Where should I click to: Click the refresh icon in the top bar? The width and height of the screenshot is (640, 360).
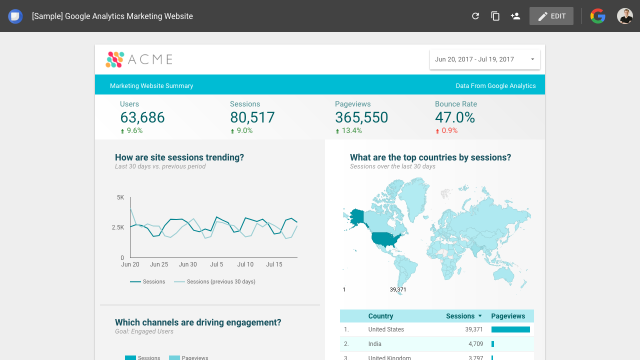tap(475, 16)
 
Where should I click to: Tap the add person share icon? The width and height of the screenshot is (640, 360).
tap(515, 16)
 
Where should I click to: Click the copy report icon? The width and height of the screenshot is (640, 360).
tap(495, 16)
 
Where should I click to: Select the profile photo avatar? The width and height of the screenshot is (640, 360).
tap(625, 16)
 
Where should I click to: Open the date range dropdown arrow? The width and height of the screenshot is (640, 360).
tap(532, 59)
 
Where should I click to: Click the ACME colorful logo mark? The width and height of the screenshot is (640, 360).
tap(115, 59)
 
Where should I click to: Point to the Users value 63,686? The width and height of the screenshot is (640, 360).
tap(142, 117)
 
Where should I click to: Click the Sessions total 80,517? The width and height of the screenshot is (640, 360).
tap(252, 117)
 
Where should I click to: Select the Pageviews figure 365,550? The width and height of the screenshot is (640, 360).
tap(361, 117)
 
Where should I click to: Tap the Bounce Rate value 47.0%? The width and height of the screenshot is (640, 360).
tap(455, 117)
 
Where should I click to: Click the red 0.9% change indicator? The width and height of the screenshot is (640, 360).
tap(446, 130)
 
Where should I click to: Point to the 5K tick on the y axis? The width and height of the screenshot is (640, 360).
tap(120, 197)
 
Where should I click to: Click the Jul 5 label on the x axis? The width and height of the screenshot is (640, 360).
tap(216, 264)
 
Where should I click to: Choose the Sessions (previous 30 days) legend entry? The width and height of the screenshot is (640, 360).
tap(214, 281)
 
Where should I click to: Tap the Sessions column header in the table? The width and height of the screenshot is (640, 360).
tap(460, 316)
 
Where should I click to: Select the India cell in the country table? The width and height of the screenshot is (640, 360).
tap(374, 343)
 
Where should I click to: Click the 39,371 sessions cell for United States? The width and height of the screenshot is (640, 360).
tap(473, 329)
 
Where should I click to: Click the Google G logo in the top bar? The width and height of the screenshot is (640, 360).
tap(597, 16)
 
